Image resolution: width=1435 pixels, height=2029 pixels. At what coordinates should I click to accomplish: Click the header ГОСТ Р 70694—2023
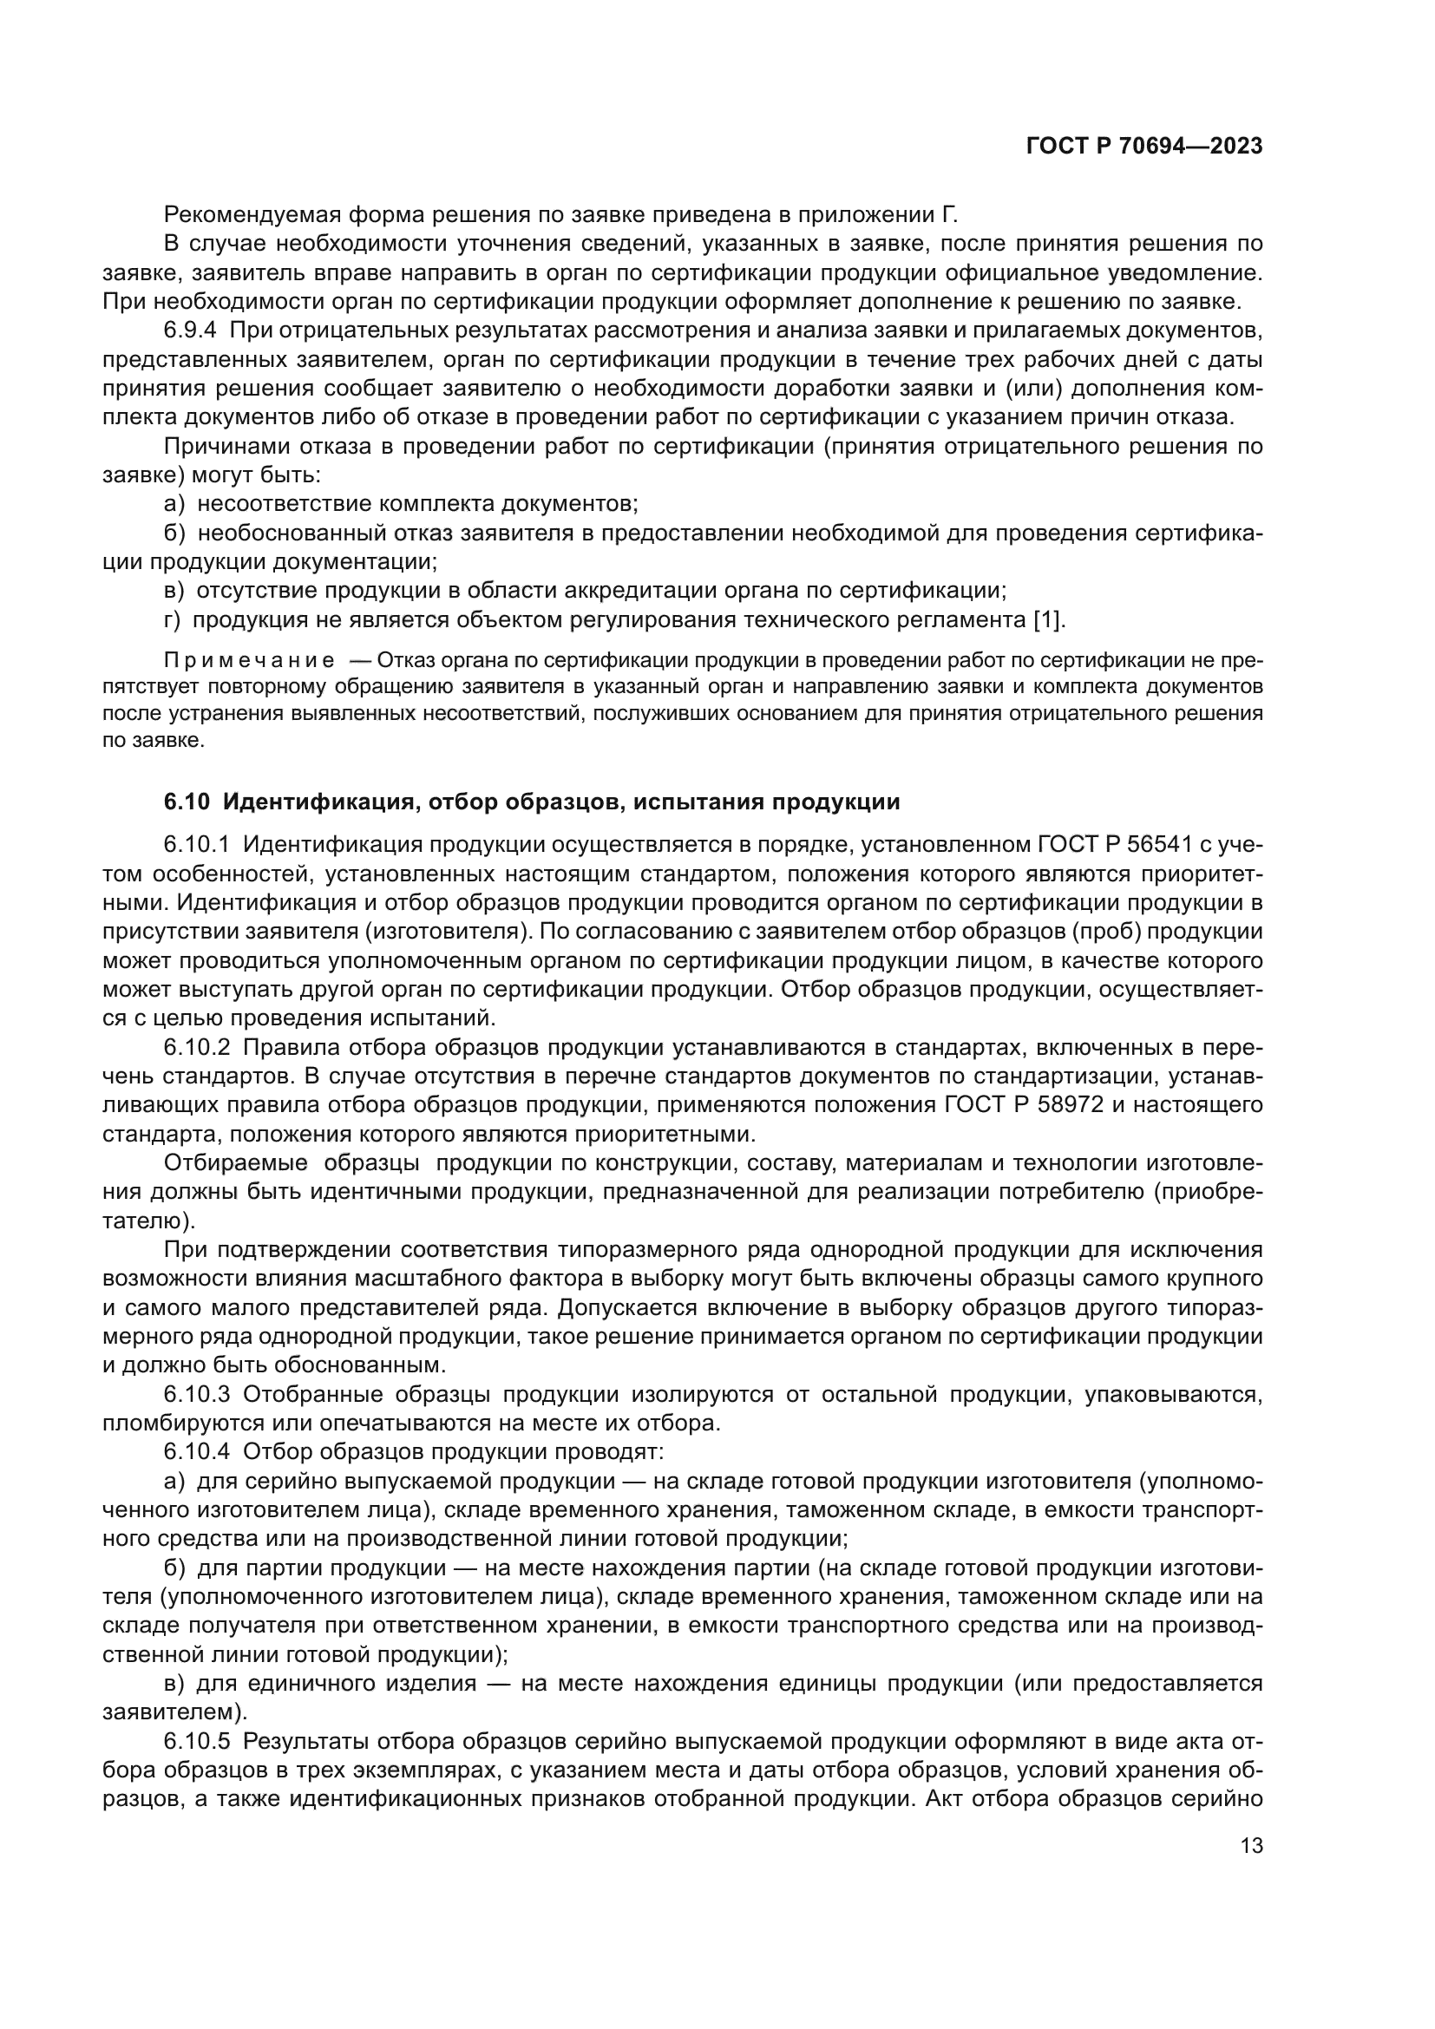point(1144,146)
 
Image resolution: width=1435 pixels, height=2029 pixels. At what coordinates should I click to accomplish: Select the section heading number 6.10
point(187,802)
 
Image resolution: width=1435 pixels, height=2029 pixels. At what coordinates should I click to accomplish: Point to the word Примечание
point(249,660)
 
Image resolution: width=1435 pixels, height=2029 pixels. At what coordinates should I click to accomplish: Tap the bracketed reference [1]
point(1049,619)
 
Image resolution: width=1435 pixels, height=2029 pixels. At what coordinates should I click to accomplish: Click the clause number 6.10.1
point(196,845)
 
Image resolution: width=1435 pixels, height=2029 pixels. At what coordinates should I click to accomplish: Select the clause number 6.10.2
point(196,1047)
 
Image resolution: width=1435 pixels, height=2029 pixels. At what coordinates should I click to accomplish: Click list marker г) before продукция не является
point(173,619)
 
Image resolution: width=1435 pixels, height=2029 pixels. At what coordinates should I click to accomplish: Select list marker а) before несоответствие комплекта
point(174,504)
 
